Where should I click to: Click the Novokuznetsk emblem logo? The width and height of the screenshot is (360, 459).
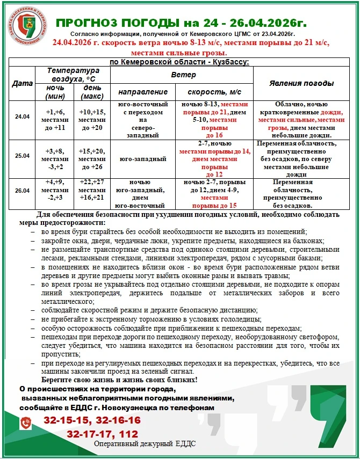(27, 26)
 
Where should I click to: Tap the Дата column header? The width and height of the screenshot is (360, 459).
(22, 83)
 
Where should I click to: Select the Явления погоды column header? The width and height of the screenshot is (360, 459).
(301, 83)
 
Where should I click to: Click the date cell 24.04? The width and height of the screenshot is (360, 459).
(22, 116)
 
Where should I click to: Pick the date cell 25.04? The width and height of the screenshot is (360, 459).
(22, 156)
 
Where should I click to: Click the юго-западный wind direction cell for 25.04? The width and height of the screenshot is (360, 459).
(142, 159)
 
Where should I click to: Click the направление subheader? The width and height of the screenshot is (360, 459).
(142, 91)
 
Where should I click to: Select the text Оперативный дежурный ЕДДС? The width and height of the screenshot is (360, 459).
(145, 445)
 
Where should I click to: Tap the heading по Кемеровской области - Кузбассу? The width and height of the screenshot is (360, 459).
(179, 62)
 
